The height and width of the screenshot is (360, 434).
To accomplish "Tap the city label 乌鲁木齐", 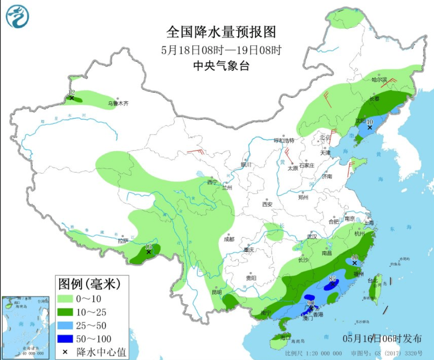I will pyautogui.click(x=118, y=104).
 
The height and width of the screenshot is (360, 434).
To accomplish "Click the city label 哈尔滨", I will pyautogui.click(x=379, y=79).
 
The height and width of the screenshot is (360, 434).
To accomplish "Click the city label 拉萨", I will pyautogui.click(x=123, y=241).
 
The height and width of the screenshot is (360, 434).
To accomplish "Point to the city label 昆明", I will pyautogui.click(x=217, y=292).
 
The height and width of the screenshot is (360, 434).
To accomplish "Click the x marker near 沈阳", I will pyautogui.click(x=370, y=128).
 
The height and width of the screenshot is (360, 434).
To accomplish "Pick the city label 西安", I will pyautogui.click(x=267, y=204).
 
